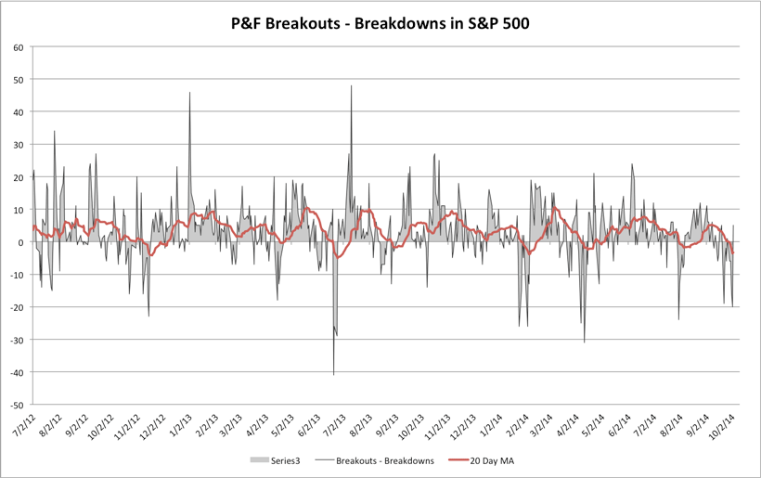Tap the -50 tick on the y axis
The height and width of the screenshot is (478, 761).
click(16, 405)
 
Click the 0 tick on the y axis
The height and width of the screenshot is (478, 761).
click(20, 242)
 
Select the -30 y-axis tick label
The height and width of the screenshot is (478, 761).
click(16, 340)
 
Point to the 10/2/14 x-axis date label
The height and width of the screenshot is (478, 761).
click(724, 424)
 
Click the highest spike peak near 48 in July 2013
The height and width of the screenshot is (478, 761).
click(351, 86)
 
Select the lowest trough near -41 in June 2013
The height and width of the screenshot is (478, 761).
click(333, 374)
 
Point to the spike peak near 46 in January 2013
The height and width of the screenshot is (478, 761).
click(189, 93)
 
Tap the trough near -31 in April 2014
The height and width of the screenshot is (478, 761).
click(584, 342)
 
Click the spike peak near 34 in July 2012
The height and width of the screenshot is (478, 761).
click(54, 132)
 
